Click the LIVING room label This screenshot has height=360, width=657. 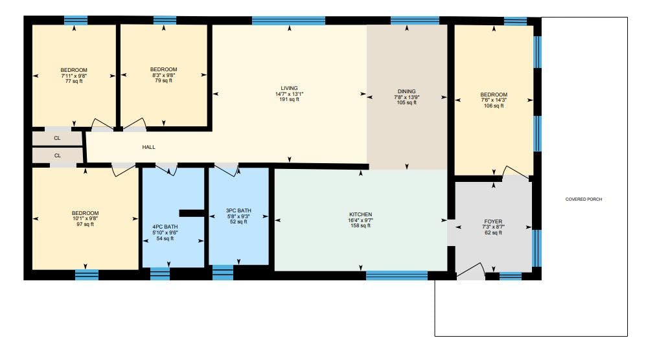tap(289, 88)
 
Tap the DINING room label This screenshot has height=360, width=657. tap(406, 91)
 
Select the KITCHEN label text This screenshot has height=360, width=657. tap(360, 214)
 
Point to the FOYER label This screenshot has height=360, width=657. tap(493, 221)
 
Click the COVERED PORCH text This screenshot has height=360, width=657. tap(584, 199)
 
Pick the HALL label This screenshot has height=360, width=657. tap(149, 147)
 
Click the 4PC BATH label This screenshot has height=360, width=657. tap(165, 227)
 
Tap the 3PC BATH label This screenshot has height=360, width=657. tap(238, 210)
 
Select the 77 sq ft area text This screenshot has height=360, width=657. tap(74, 81)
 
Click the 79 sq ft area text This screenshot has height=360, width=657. tap(163, 80)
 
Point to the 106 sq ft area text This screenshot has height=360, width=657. tap(494, 106)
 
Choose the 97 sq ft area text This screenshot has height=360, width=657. tap(85, 225)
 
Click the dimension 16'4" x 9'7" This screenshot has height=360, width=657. tap(360, 220)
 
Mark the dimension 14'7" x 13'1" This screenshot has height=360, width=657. tap(289, 94)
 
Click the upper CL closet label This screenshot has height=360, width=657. tap(58, 138)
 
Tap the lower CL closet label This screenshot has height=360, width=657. tap(58, 156)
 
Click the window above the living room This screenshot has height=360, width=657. tap(289, 21)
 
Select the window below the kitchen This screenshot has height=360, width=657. tap(397, 275)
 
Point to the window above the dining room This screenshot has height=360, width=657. tap(415, 21)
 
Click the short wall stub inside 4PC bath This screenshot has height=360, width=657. tap(192, 213)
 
